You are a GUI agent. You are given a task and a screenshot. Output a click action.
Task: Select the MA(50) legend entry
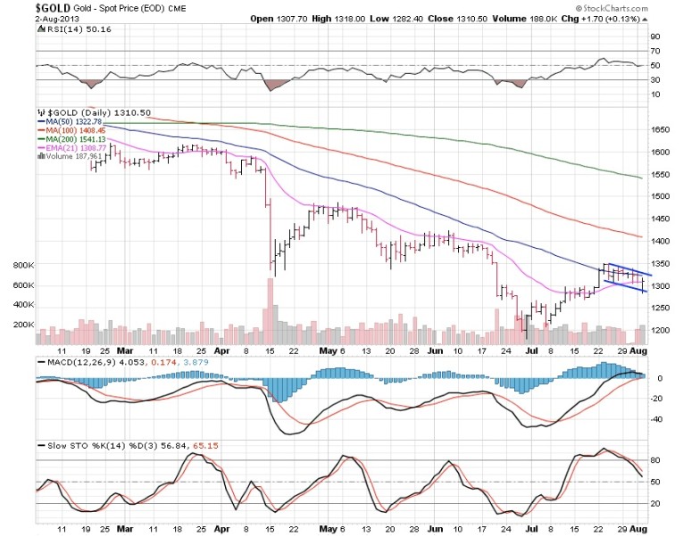pos(71,121)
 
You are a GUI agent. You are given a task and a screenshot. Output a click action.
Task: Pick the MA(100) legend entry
pos(72,130)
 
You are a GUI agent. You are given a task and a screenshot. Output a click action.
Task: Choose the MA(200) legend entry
pos(72,139)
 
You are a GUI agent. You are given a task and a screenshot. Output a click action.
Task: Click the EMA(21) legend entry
pos(72,148)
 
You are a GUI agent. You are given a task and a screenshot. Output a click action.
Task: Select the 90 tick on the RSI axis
pos(654,37)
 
